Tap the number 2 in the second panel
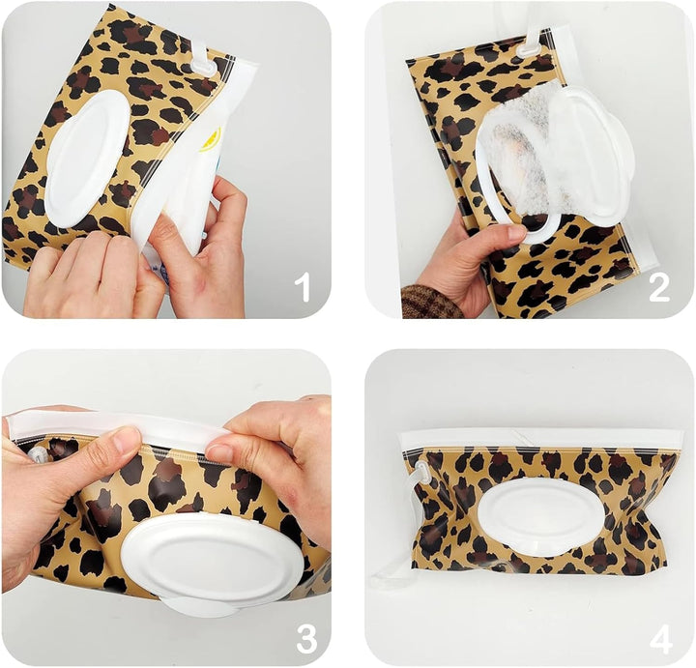pos(659,286)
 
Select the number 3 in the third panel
pos(305,637)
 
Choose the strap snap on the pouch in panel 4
pos(422,474)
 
